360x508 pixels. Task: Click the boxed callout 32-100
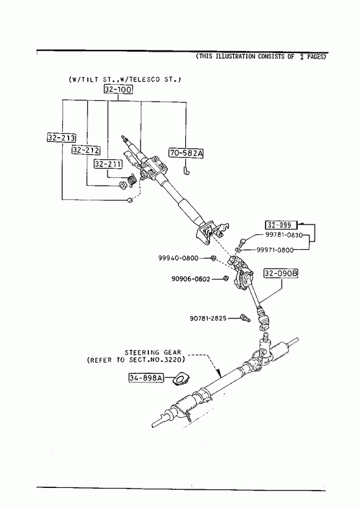coord(118,89)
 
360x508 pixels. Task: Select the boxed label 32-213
coord(62,138)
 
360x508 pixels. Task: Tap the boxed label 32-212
coord(86,150)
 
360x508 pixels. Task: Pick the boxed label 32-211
coord(108,164)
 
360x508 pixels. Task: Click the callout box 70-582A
coord(186,153)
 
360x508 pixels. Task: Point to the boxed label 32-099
coord(279,225)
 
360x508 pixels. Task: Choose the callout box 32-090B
coord(280,274)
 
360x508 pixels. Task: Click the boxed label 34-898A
coord(146,378)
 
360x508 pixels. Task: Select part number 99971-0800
coord(275,250)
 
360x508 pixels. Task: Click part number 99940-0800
coord(178,258)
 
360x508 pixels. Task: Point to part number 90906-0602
coord(191,279)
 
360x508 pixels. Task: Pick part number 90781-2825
coord(208,318)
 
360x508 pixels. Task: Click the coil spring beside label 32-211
coord(132,181)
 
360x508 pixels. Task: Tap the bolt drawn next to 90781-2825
coord(245,318)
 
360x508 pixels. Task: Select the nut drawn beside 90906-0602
coord(226,278)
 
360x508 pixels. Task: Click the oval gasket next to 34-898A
coord(181,380)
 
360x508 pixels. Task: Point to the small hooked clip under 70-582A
coord(186,171)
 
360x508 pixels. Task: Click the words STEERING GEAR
coord(153,352)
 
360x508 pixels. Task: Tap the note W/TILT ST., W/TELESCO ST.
coord(125,79)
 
